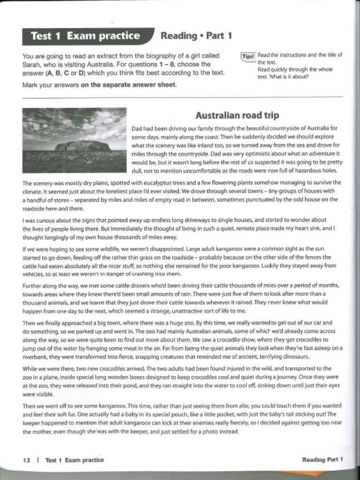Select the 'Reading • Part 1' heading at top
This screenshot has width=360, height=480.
pos(196,36)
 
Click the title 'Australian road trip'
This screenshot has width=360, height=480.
pos(237,115)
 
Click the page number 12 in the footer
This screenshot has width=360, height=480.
pos(26,460)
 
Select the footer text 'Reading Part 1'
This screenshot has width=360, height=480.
pos(322,459)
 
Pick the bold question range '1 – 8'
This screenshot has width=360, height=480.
pos(166,64)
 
